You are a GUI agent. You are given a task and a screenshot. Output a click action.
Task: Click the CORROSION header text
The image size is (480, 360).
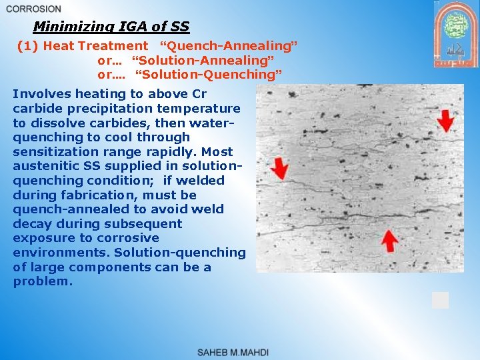pos(33,9)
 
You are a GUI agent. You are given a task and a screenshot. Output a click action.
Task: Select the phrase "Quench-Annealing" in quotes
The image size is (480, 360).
pos(228,46)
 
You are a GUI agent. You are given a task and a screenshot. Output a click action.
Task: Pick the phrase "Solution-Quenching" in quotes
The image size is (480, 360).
pos(209,74)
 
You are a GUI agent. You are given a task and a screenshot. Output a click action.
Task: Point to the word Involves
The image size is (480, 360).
pos(41,94)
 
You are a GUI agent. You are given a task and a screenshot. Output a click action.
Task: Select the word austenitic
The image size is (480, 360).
pos(49,166)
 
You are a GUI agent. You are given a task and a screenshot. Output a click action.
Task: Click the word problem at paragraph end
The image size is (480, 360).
pos(41,281)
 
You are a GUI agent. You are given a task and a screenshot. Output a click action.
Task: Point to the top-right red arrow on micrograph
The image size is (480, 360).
pos(447,121)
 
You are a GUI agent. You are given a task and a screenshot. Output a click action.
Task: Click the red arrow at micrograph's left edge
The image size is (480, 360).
pos(280,166)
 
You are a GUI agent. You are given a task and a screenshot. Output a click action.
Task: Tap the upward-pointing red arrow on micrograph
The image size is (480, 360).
pos(388,239)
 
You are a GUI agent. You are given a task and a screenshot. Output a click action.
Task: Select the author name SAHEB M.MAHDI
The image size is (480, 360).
pos(233,352)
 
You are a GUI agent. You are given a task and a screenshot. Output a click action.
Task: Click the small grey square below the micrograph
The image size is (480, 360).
pos(440,300)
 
